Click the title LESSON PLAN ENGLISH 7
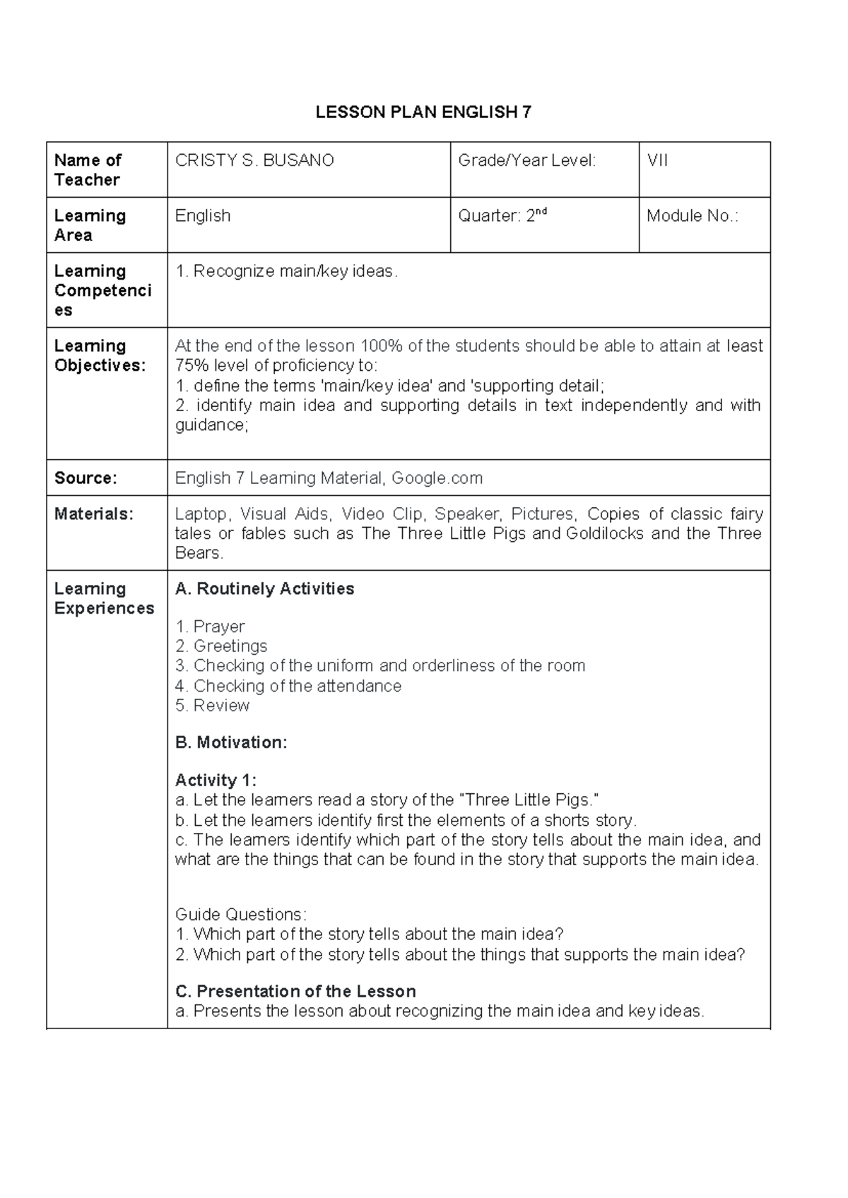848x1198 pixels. point(423,112)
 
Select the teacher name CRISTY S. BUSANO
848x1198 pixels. point(254,161)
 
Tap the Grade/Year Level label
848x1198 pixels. point(526,161)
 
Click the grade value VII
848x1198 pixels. point(657,161)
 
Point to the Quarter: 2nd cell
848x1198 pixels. point(502,216)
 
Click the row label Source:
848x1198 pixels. point(86,478)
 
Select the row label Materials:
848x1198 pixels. point(93,514)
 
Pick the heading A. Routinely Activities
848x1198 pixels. point(264,589)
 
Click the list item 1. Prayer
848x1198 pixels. point(210,627)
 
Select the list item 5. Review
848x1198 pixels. point(212,706)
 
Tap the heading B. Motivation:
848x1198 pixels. point(231,742)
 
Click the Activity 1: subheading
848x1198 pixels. point(216,781)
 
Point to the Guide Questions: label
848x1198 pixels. point(240,915)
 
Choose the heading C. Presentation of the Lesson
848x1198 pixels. point(295,991)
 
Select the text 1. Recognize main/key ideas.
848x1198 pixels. point(286,271)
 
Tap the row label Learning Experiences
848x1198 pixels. point(103,598)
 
